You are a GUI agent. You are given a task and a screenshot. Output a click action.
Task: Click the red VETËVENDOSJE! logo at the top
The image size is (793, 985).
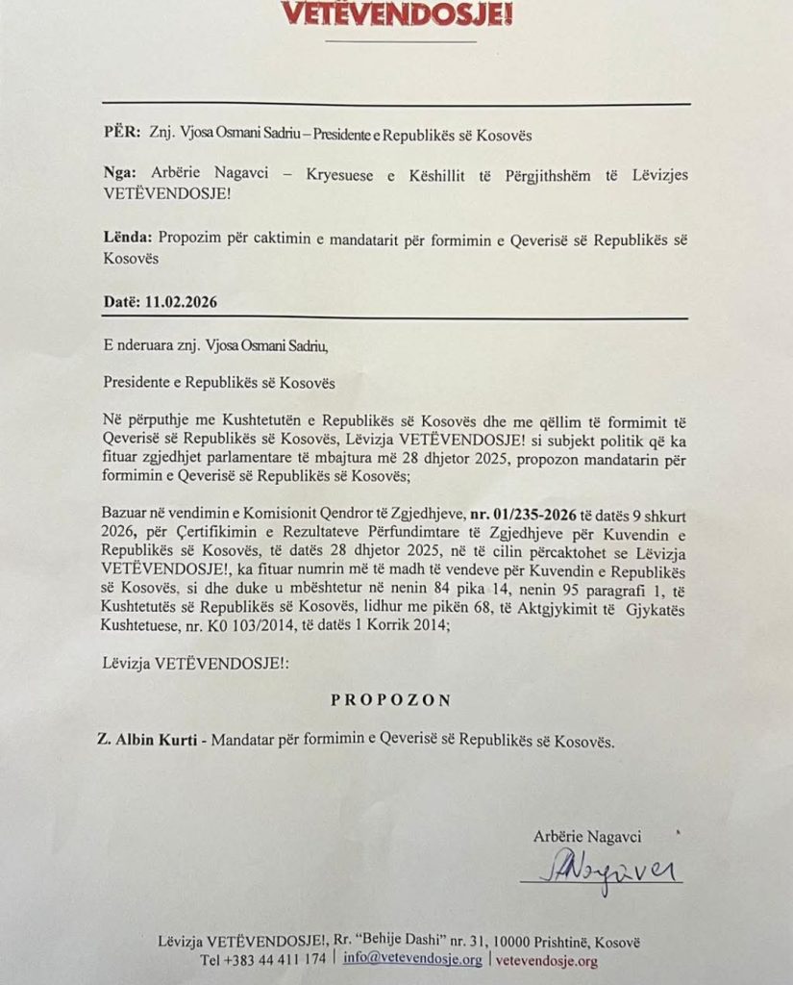pos(396,14)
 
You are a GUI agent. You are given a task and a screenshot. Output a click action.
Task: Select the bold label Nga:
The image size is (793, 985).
pos(120,174)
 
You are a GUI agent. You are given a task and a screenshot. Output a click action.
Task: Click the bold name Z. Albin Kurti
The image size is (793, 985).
pos(144,742)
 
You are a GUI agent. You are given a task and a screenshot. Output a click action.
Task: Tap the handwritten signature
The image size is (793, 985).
pos(601,872)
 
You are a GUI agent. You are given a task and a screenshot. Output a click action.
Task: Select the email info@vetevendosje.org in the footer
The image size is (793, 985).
pos(413,960)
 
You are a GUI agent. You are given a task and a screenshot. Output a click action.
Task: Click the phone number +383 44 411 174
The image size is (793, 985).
pos(276,960)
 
